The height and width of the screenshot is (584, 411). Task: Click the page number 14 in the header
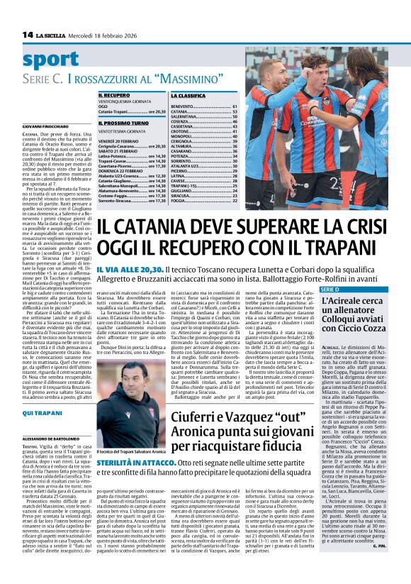28,35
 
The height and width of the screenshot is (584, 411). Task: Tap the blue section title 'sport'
50,60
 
